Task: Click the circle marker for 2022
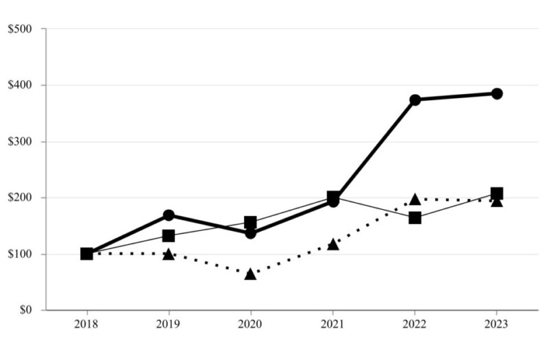tap(415, 99)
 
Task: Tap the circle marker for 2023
tap(496, 93)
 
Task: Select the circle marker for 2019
tap(169, 215)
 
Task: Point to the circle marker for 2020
tap(250, 233)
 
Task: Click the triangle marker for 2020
tap(250, 274)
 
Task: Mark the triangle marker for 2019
tap(169, 254)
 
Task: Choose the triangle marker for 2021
tap(332, 244)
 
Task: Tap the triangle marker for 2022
tap(415, 200)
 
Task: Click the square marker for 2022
tap(415, 218)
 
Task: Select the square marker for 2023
tap(496, 193)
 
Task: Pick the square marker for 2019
tap(169, 236)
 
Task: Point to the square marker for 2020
tap(250, 222)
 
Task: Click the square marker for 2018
tap(86, 254)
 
